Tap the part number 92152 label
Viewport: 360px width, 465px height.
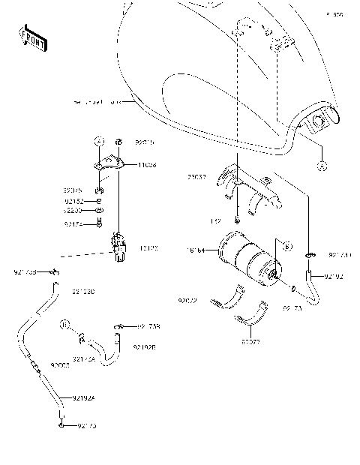click(73, 201)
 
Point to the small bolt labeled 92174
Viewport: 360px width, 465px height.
click(99, 223)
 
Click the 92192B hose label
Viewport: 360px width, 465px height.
click(144, 346)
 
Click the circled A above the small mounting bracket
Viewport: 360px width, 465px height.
click(97, 140)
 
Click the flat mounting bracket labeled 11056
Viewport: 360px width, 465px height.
click(109, 163)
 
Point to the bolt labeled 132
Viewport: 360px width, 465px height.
click(236, 220)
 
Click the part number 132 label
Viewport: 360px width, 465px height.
click(216, 222)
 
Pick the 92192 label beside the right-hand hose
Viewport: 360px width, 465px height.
click(334, 276)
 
